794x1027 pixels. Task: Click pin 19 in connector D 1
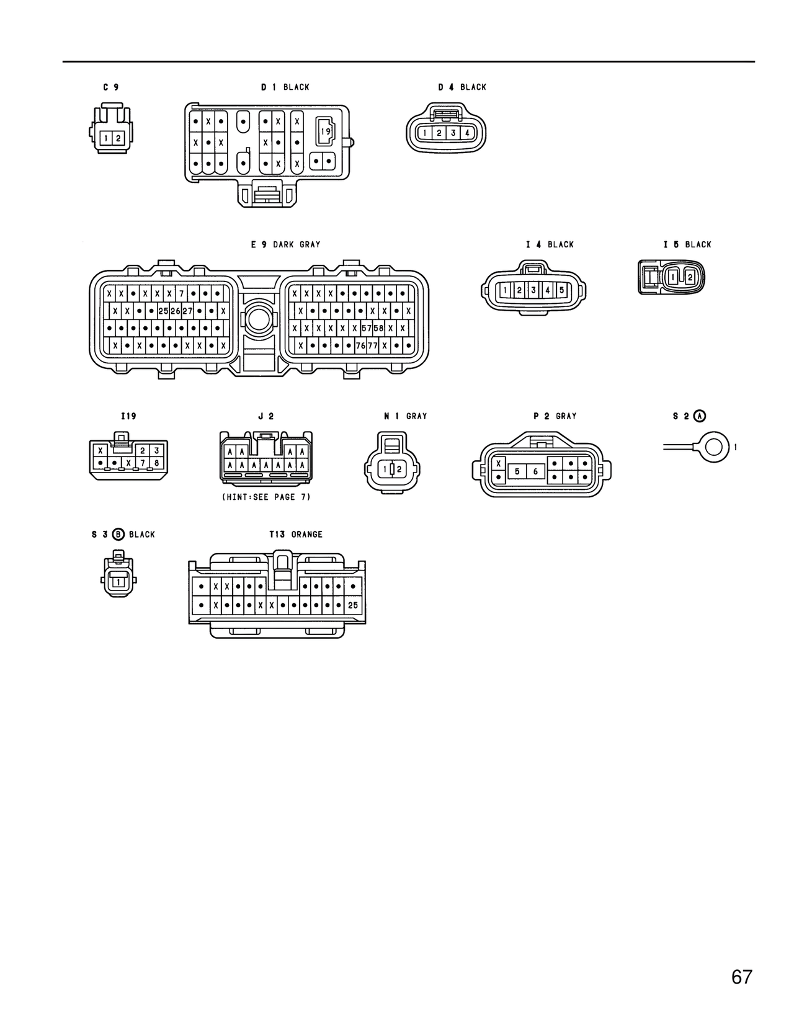(x=326, y=131)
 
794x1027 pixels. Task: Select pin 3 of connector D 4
(x=453, y=133)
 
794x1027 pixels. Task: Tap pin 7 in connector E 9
(x=181, y=293)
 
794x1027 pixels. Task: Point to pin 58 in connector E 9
(x=378, y=328)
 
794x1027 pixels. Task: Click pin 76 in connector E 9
(x=360, y=345)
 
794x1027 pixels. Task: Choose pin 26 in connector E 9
(x=175, y=311)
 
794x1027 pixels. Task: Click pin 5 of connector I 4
(x=561, y=290)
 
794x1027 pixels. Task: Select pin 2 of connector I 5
(x=689, y=278)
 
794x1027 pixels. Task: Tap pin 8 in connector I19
(x=156, y=463)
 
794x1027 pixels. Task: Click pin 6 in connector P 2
(x=535, y=472)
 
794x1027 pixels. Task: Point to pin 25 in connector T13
(x=353, y=605)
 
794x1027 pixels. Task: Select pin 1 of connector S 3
(x=117, y=582)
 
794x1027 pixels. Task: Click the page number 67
(x=742, y=977)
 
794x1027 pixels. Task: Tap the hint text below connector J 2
(x=266, y=497)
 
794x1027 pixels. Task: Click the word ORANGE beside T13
(x=306, y=535)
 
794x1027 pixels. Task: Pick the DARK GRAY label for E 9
(x=297, y=244)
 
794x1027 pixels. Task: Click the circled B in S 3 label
(x=118, y=535)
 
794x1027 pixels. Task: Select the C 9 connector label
(x=111, y=87)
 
